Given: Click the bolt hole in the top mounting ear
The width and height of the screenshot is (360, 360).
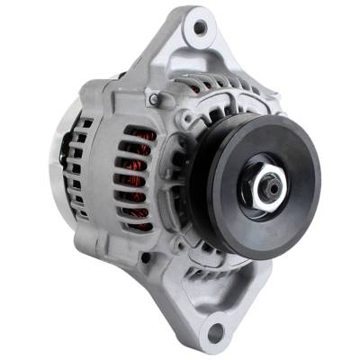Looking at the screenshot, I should [x=201, y=27].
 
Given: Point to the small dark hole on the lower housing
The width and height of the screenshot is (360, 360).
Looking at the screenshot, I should [x=144, y=258].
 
